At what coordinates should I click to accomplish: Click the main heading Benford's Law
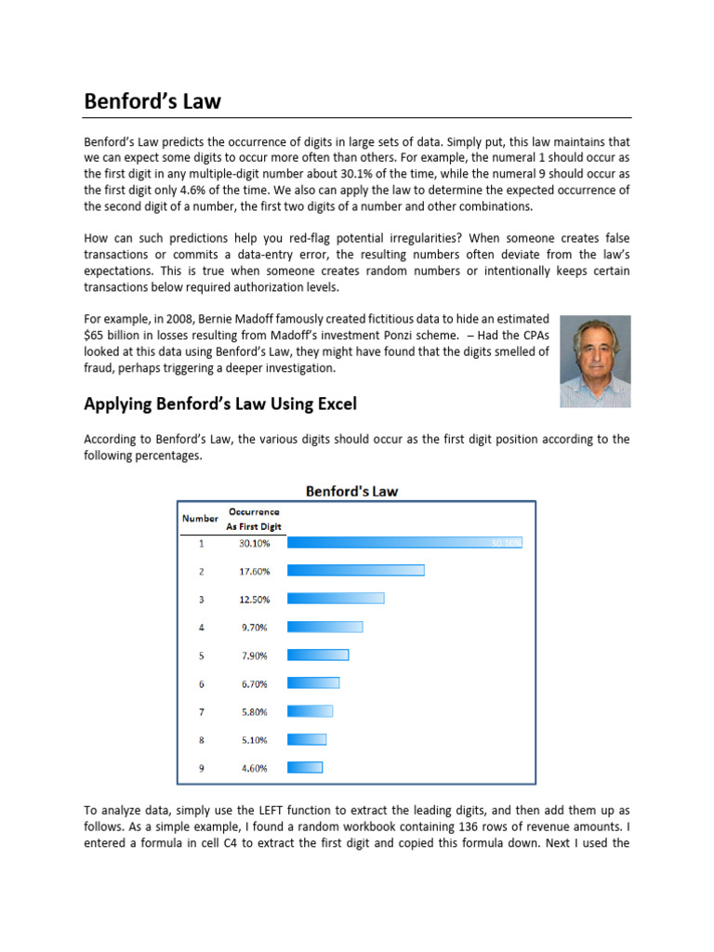click(x=152, y=101)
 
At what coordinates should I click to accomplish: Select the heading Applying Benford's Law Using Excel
click(x=220, y=403)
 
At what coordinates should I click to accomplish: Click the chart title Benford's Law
click(x=352, y=491)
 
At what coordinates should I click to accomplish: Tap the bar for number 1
click(x=404, y=543)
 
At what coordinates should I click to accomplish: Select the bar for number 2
click(x=356, y=571)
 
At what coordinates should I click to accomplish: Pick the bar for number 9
click(x=305, y=768)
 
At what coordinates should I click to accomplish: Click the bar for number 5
click(x=318, y=655)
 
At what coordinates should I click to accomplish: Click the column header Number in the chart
click(x=200, y=518)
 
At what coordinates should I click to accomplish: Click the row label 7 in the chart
click(x=201, y=712)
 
